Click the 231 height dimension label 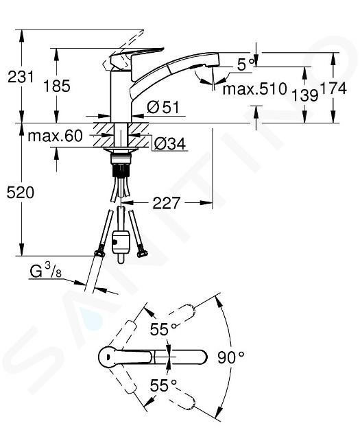21,77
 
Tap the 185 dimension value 57,86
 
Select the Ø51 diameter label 163,107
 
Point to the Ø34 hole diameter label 170,143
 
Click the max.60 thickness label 55,136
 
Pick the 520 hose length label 21,192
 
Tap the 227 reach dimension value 166,204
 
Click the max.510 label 255,89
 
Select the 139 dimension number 304,95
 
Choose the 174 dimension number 333,88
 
